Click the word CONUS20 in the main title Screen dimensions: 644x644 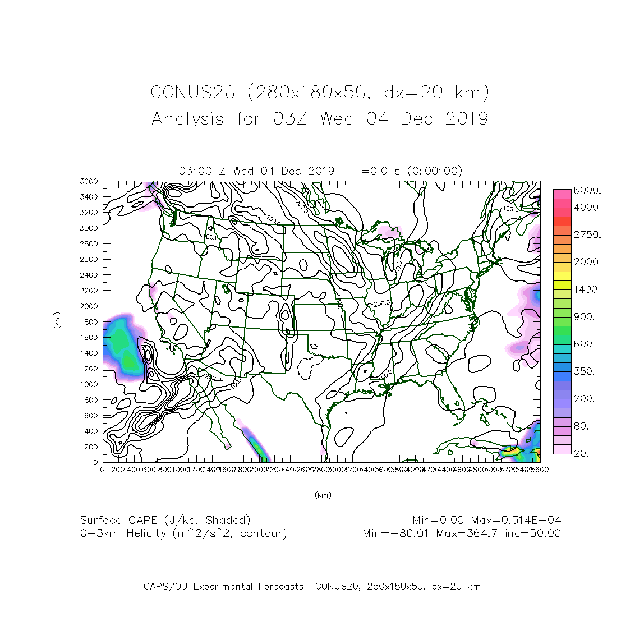[192, 92]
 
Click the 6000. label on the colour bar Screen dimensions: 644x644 [587, 191]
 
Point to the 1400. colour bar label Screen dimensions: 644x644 [587, 289]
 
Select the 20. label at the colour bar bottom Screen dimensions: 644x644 [581, 453]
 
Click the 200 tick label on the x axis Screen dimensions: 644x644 [118, 470]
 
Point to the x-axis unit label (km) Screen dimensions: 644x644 [323, 495]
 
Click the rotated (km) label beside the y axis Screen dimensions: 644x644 [57, 321]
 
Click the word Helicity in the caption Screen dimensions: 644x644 [146, 533]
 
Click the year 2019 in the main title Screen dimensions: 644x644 [467, 119]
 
